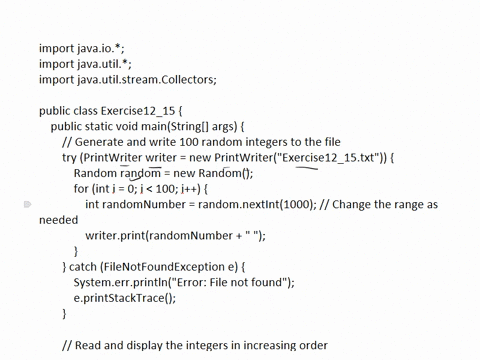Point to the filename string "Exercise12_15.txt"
pyautogui.click(x=329, y=157)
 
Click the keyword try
pyautogui.click(x=69, y=157)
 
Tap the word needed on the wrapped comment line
pyautogui.click(x=58, y=220)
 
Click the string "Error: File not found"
pyautogui.click(x=232, y=282)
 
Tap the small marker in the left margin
pyautogui.click(x=28, y=204)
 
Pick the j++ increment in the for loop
pyautogui.click(x=201, y=189)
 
